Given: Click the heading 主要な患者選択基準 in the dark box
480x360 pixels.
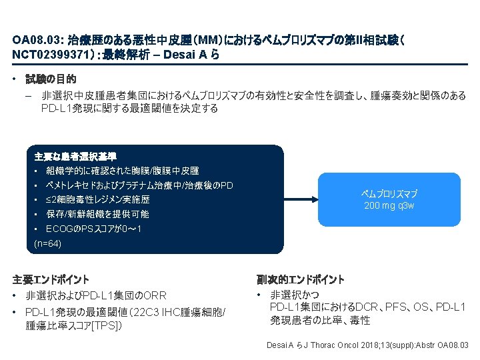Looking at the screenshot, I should [x=75, y=157].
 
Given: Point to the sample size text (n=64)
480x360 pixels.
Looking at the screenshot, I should [x=48, y=244].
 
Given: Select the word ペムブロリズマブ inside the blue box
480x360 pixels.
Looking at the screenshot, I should [x=389, y=193].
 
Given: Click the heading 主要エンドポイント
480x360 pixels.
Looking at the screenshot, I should [x=51, y=279].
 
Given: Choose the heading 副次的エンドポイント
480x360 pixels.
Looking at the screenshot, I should [x=301, y=279].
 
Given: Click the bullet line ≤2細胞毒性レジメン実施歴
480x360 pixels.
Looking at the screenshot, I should [x=97, y=199].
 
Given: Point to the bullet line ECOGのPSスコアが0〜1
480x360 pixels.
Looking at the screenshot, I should [x=93, y=229].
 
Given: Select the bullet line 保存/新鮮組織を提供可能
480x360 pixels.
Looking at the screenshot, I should [x=97, y=214].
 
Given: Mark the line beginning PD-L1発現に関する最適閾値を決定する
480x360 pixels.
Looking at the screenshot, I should [x=129, y=108].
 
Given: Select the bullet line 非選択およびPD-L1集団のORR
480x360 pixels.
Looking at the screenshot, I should [x=96, y=295].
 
